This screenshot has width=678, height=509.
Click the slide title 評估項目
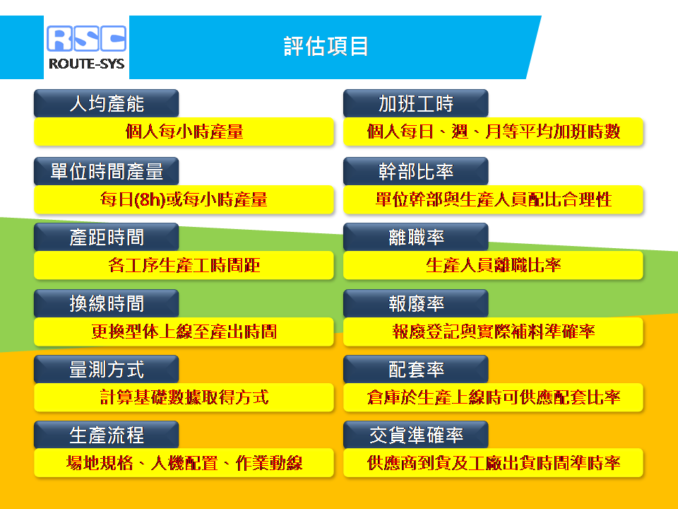pyautogui.click(x=326, y=47)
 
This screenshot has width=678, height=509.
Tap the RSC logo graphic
pyautogui.click(x=86, y=38)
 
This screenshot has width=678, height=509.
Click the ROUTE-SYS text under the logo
pyautogui.click(x=86, y=64)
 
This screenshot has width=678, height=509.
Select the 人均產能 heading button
pyautogui.click(x=107, y=103)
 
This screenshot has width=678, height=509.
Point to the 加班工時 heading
pyautogui.click(x=415, y=103)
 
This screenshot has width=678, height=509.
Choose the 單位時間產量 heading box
pyautogui.click(x=107, y=171)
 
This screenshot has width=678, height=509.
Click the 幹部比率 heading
pyautogui.click(x=415, y=171)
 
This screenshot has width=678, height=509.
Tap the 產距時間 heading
pyautogui.click(x=107, y=238)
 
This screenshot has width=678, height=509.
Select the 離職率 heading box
pyautogui.click(x=415, y=238)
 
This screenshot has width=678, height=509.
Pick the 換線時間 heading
pyautogui.click(x=107, y=303)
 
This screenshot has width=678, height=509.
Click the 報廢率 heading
pyautogui.click(x=415, y=303)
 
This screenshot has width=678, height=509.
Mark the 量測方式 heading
pyautogui.click(x=107, y=369)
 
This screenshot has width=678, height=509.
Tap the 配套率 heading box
pyautogui.click(x=415, y=369)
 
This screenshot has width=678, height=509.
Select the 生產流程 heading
pyautogui.click(x=107, y=435)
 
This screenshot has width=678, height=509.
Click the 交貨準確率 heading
pyautogui.click(x=415, y=435)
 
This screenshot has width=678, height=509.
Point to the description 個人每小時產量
pyautogui.click(x=184, y=131)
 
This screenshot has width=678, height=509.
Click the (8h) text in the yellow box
pyautogui.click(x=150, y=199)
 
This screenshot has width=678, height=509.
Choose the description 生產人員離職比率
pyautogui.click(x=494, y=265)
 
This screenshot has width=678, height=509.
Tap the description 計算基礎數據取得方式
pyautogui.click(x=184, y=397)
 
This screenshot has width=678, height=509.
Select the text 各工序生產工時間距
pyautogui.click(x=184, y=265)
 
